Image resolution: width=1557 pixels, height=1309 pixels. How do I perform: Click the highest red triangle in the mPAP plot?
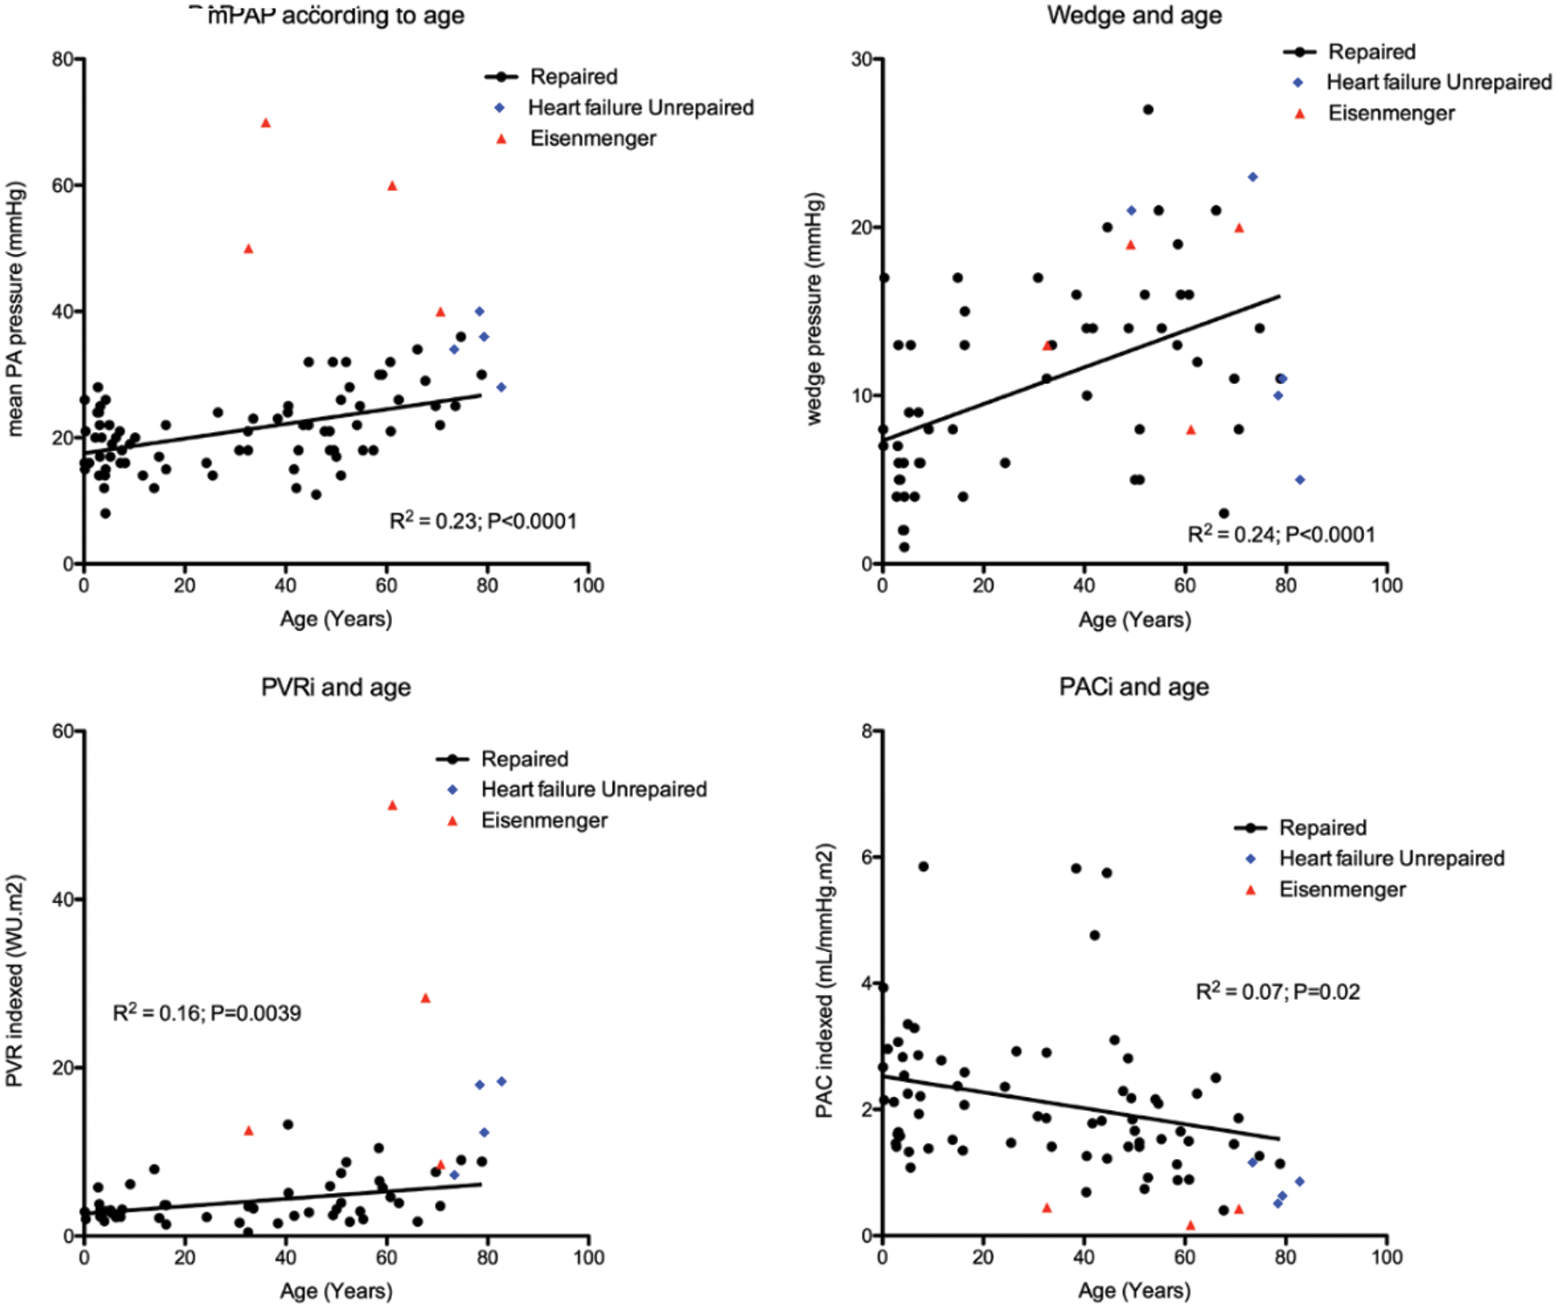pos(265,123)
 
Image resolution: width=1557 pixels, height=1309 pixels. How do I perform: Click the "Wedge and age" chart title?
pos(1134,15)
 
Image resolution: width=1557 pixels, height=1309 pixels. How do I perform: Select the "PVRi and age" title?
pos(335,688)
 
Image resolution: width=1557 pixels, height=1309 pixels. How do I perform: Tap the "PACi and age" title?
pos(1133,687)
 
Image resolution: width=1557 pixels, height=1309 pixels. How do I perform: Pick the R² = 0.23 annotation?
pos(483,521)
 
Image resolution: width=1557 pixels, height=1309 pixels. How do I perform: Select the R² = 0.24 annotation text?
pos(1281,534)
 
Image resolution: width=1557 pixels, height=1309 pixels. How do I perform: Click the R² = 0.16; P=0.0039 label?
pos(207,1013)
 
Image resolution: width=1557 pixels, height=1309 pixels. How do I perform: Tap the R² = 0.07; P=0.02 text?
pos(1277,991)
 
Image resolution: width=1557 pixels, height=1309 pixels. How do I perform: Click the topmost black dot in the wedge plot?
pos(1147,110)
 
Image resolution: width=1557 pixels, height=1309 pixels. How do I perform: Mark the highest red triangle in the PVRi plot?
pos(392,805)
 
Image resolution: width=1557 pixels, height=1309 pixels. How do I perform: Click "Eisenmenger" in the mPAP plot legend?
pos(593,139)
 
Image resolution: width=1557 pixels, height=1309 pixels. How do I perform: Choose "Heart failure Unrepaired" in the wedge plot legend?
pos(1438,82)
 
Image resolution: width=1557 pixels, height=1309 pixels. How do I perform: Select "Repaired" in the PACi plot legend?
pos(1322,827)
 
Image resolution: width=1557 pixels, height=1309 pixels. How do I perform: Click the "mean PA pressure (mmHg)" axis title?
pos(15,309)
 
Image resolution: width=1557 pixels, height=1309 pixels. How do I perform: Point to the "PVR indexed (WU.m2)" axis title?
pos(15,981)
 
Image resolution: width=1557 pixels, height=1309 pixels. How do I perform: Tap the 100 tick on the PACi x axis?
pos(1386,1258)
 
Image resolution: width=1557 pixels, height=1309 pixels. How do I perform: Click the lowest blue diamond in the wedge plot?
pos(1299,480)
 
